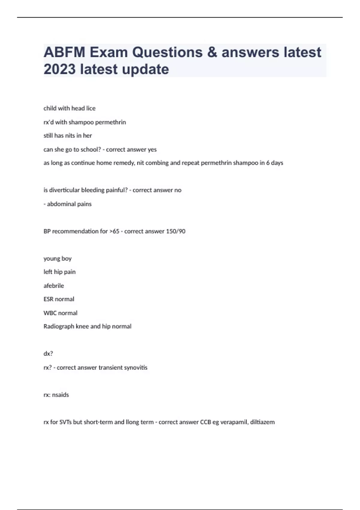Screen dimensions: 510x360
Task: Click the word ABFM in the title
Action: pyautogui.click(x=64, y=52)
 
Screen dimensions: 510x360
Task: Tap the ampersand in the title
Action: pyautogui.click(x=212, y=52)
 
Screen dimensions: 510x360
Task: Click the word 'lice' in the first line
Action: pyautogui.click(x=91, y=108)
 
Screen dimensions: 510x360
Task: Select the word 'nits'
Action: pyautogui.click(x=70, y=136)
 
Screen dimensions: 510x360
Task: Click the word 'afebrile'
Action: pyautogui.click(x=54, y=286)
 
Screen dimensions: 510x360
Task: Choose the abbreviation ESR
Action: pyautogui.click(x=49, y=299)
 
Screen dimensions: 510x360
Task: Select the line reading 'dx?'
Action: pyautogui.click(x=48, y=354)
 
